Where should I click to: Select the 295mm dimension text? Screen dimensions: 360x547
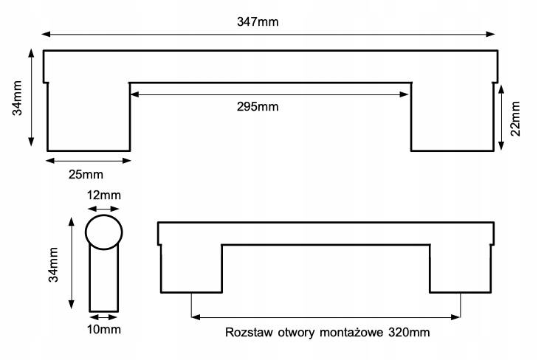[257, 106]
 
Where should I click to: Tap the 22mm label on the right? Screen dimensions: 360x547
[515, 118]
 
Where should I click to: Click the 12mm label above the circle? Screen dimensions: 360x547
[103, 195]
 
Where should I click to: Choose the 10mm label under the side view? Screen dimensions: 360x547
[103, 328]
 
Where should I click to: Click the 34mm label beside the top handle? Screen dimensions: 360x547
[17, 98]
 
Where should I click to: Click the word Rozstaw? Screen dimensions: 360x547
[249, 333]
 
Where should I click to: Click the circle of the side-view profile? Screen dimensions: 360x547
[103, 232]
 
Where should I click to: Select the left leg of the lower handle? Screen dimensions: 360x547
[191, 269]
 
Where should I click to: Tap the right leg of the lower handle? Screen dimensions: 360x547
[461, 269]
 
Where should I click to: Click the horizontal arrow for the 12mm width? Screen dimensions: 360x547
[103, 209]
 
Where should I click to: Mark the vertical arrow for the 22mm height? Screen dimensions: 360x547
[501, 118]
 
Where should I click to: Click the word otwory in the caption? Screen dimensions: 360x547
[295, 333]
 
